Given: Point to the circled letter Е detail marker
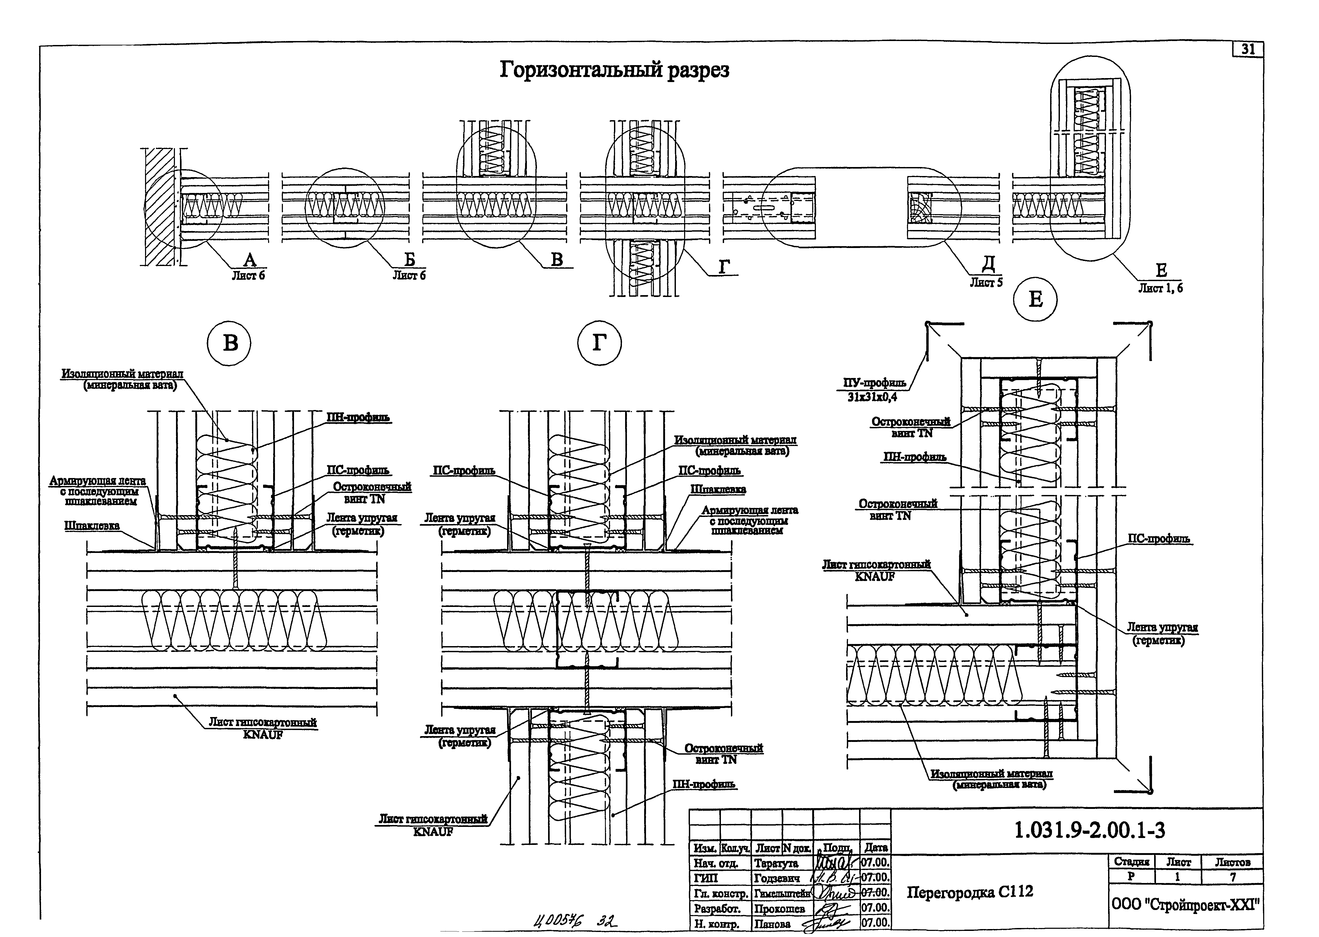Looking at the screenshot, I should [x=1035, y=299].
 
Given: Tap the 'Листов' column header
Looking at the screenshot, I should [x=1232, y=862].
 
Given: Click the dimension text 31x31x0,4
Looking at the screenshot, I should [x=872, y=397].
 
